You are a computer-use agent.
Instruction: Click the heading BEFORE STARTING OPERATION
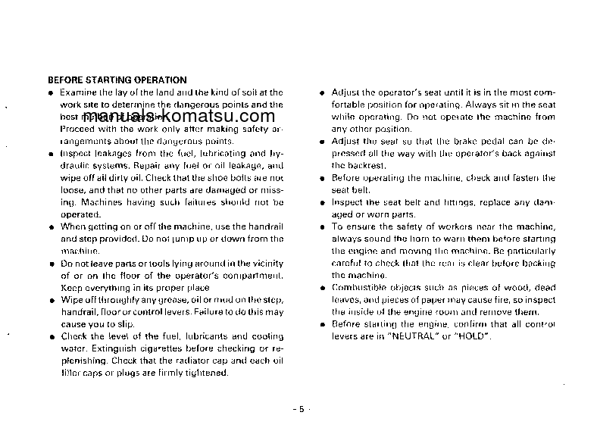coord(117,80)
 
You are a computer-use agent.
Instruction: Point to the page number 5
coord(300,409)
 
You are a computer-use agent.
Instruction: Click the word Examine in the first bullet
coord(77,92)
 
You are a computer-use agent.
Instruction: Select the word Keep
coord(71,288)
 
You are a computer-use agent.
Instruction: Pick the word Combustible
coord(360,288)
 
